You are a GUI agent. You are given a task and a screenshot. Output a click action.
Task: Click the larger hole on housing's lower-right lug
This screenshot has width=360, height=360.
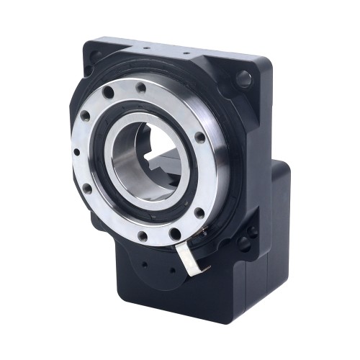[x=251, y=232]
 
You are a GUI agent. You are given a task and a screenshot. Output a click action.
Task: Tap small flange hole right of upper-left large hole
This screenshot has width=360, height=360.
[x=140, y=87]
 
